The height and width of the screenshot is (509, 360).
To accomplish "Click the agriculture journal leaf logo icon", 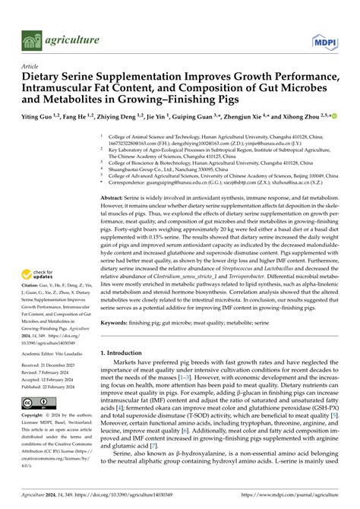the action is click(30, 39).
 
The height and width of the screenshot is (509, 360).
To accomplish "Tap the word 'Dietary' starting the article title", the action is click(45, 77).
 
